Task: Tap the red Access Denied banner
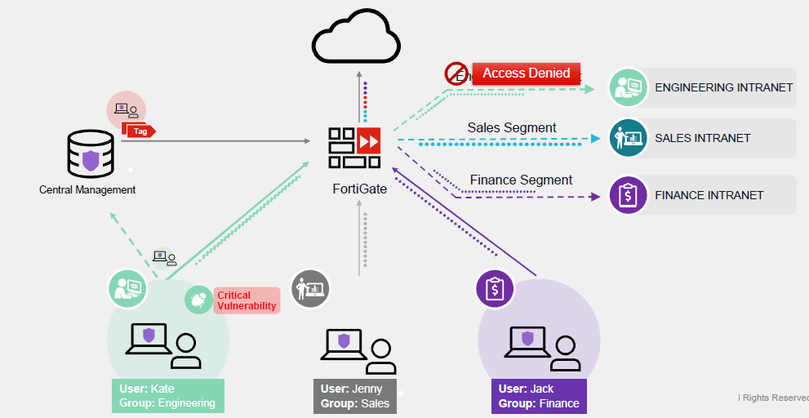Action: (x=527, y=73)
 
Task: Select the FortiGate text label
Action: (x=359, y=189)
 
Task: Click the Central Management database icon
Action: (x=91, y=153)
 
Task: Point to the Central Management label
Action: (x=87, y=189)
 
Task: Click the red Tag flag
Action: (x=138, y=130)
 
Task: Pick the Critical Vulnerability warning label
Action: (x=247, y=300)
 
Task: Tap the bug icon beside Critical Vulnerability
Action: (x=198, y=300)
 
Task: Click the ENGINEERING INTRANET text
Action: (x=723, y=87)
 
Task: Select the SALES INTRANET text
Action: (x=702, y=138)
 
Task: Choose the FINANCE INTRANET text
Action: (x=709, y=195)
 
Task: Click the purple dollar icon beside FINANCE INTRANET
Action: (x=629, y=196)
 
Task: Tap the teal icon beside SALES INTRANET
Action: (x=629, y=138)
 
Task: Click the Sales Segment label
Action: (x=512, y=127)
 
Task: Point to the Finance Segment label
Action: (x=521, y=180)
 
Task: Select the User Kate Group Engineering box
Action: (x=167, y=396)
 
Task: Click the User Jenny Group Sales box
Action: (x=355, y=396)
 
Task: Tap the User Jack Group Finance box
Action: (x=539, y=396)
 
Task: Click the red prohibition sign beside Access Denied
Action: (x=456, y=73)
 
